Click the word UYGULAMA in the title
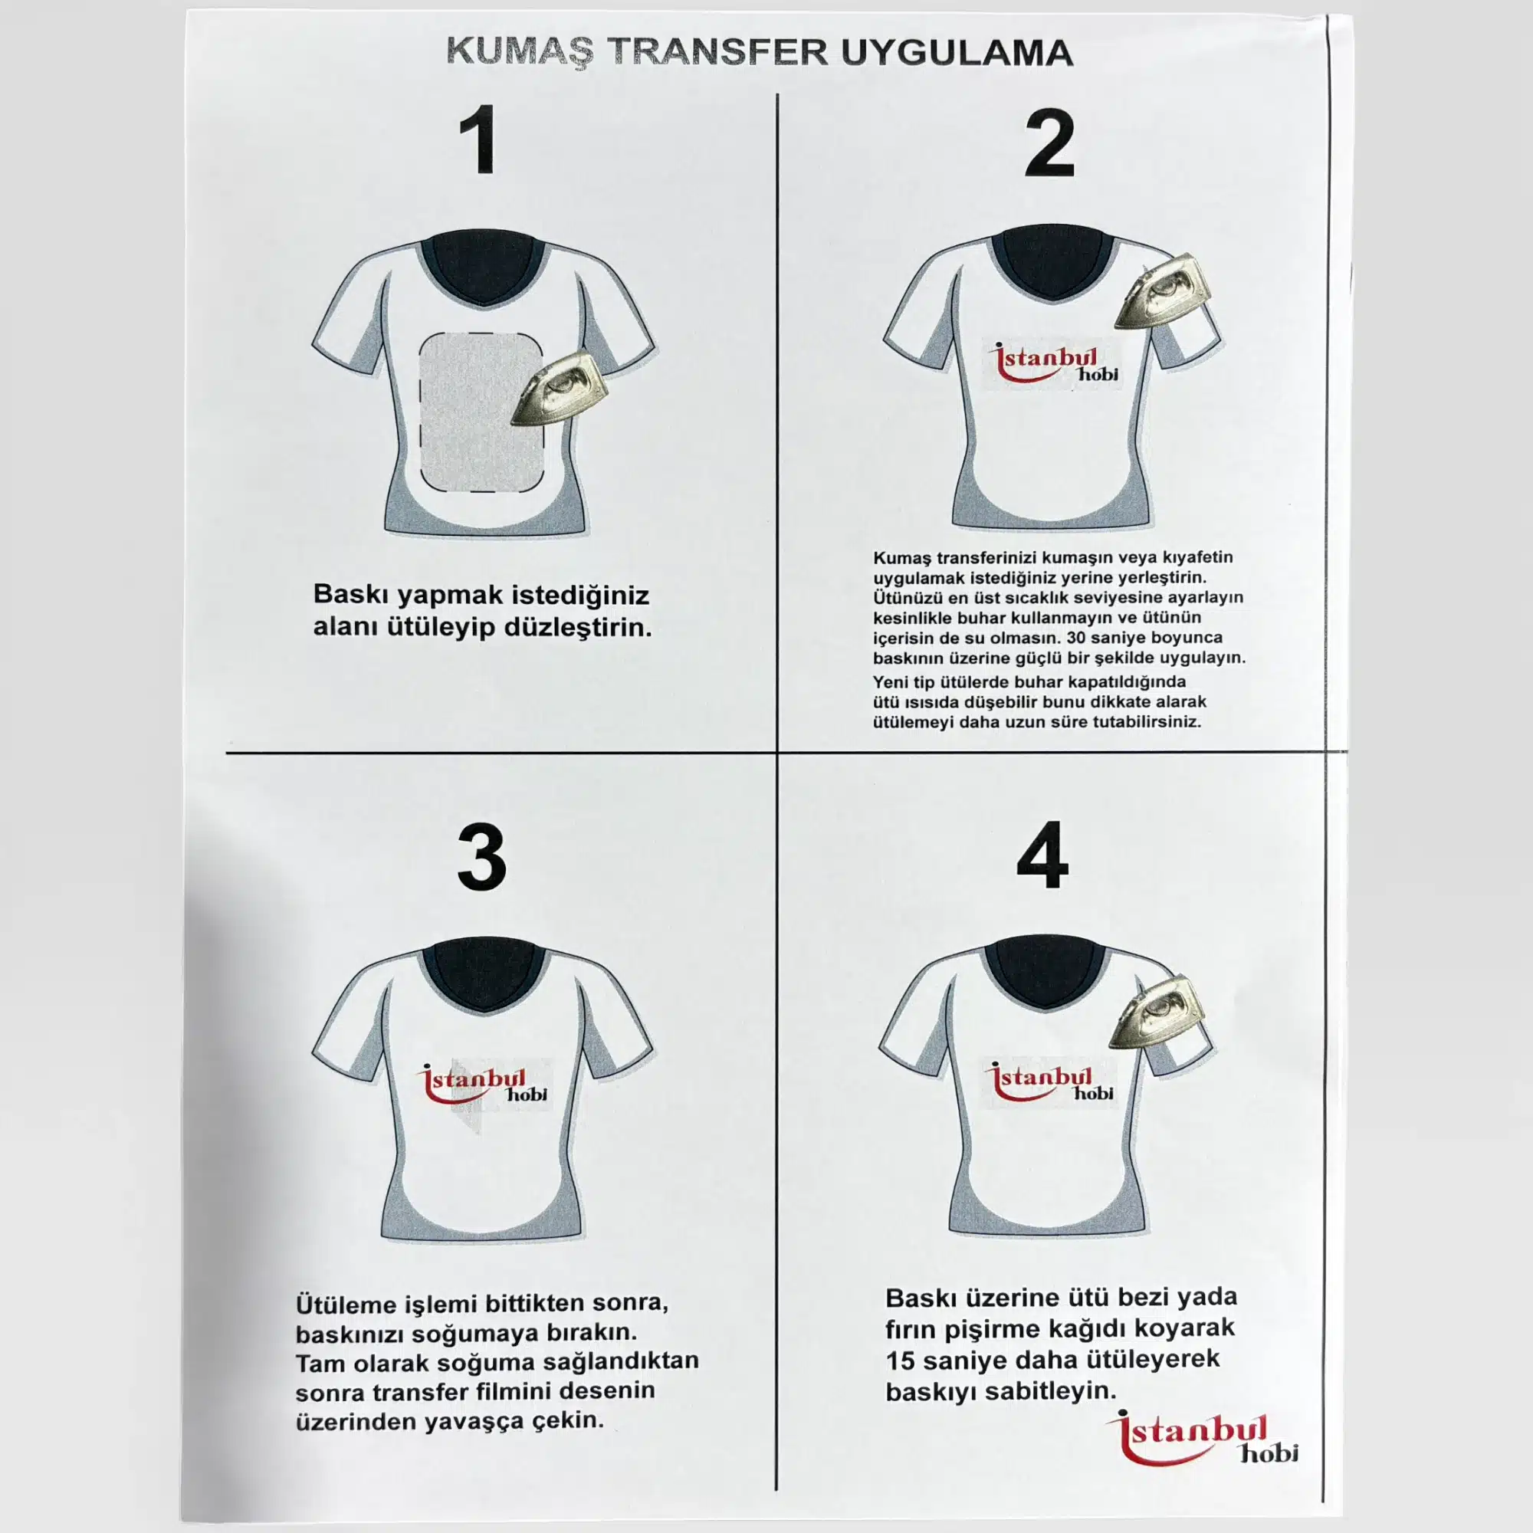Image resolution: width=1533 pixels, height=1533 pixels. [x=956, y=53]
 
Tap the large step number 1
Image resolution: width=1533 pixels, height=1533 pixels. [x=478, y=140]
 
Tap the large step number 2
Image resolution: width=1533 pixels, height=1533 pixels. [x=1049, y=143]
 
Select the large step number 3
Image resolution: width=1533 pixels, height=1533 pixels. [x=481, y=858]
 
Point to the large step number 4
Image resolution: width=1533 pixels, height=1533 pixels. [x=1042, y=856]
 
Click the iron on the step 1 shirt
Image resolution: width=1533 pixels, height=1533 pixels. [x=560, y=388]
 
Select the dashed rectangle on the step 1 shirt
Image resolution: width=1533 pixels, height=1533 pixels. [x=481, y=412]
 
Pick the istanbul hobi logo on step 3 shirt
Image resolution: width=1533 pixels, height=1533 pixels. [x=482, y=1085]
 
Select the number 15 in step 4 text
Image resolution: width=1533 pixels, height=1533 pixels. [x=900, y=1360]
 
